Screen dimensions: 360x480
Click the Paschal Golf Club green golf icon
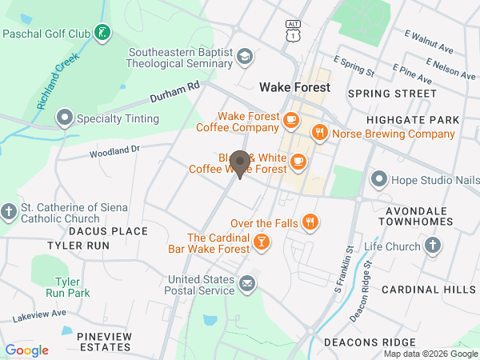coord(102,33)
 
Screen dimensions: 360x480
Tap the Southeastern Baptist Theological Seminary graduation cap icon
coord(245,56)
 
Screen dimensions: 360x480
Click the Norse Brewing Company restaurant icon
coord(319,134)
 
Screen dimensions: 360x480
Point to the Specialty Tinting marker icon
coord(64,119)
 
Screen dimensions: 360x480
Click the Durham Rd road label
coord(175,93)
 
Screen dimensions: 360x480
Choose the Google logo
coord(27,350)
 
